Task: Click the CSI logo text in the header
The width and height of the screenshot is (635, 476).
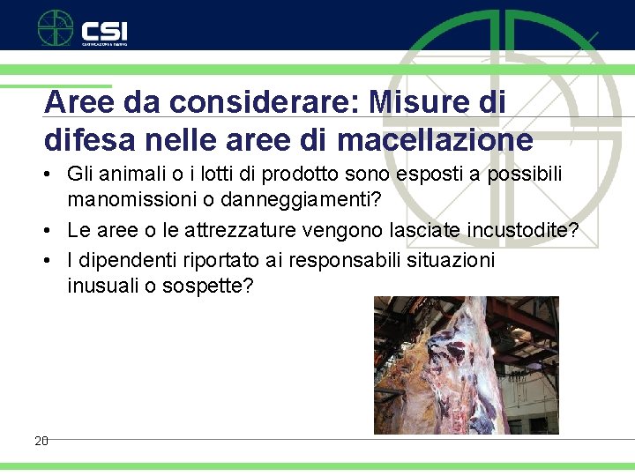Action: [x=105, y=29]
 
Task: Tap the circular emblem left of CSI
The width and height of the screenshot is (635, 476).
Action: [x=55, y=27]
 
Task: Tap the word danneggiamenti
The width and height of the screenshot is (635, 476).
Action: [x=301, y=199]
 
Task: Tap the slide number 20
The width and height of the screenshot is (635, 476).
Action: [x=41, y=440]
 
